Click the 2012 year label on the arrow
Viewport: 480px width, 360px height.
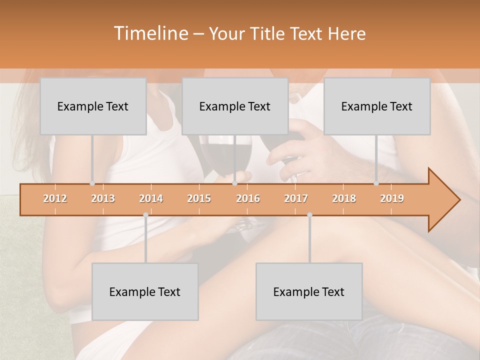[55, 199]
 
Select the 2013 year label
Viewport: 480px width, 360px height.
[103, 199]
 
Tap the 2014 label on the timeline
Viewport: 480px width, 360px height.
[151, 199]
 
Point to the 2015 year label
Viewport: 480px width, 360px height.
[199, 199]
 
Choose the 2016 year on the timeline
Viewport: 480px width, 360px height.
[248, 199]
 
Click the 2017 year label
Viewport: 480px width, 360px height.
[296, 199]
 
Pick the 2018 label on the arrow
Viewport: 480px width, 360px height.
[344, 199]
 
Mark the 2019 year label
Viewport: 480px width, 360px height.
[392, 199]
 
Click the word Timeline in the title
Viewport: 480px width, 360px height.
[149, 33]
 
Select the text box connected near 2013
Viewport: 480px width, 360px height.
[93, 106]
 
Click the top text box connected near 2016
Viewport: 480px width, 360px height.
[235, 106]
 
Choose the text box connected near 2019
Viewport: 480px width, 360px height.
[377, 106]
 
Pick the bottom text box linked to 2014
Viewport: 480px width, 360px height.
[145, 292]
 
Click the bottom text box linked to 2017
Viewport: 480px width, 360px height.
[309, 292]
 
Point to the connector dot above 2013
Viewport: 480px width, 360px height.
[92, 183]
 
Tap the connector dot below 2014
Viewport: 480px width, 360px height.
[145, 215]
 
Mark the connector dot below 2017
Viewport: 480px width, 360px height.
[309, 215]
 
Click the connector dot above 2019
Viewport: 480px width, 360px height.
[376, 183]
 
